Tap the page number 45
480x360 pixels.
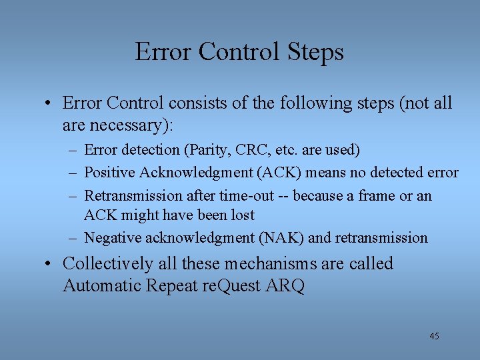(x=434, y=336)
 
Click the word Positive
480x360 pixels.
(x=110, y=173)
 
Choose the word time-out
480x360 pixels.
(x=247, y=195)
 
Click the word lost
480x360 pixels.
(x=241, y=215)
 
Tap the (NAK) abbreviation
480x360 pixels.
(x=282, y=237)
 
